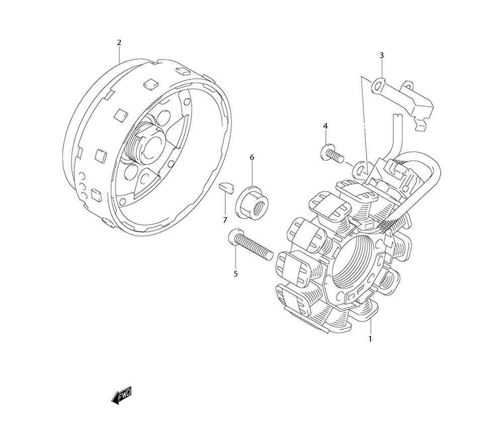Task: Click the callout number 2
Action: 119,42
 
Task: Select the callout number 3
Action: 381,55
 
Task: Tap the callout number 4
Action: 325,126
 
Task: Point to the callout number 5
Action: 235,274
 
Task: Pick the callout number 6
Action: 252,157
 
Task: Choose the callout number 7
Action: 224,220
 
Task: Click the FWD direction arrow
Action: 121,395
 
